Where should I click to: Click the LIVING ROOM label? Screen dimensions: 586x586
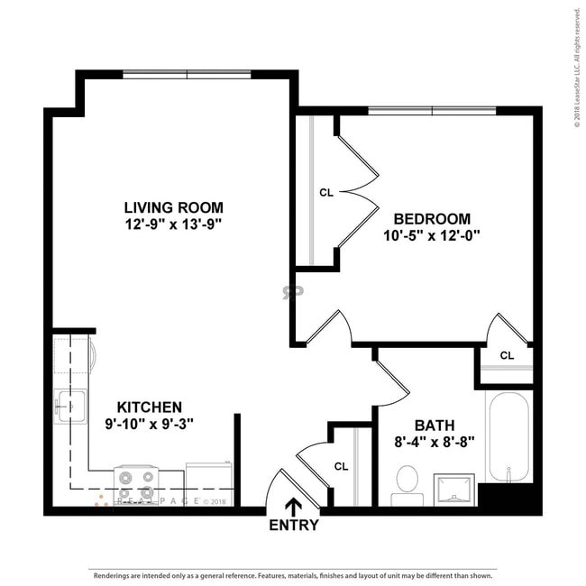click(174, 206)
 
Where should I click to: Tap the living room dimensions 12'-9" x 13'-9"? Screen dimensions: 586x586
click(174, 223)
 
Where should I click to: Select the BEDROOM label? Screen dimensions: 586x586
click(432, 218)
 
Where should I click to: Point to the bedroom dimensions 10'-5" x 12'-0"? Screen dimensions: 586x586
click(432, 235)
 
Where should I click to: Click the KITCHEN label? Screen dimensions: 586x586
click(149, 407)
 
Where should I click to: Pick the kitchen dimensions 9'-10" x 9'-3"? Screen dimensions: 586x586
click(149, 423)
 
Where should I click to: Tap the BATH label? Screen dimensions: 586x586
click(435, 426)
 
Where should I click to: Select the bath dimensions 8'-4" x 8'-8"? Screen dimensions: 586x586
click(435, 442)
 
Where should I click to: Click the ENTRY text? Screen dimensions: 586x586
click(294, 526)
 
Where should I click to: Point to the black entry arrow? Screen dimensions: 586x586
click(294, 507)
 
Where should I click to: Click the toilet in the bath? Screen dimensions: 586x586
click(407, 481)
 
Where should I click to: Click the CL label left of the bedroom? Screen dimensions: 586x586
click(326, 192)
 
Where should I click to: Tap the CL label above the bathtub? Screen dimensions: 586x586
click(507, 356)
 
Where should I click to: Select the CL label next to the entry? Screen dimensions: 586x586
click(341, 466)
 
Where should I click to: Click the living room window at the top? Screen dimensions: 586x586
click(187, 75)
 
